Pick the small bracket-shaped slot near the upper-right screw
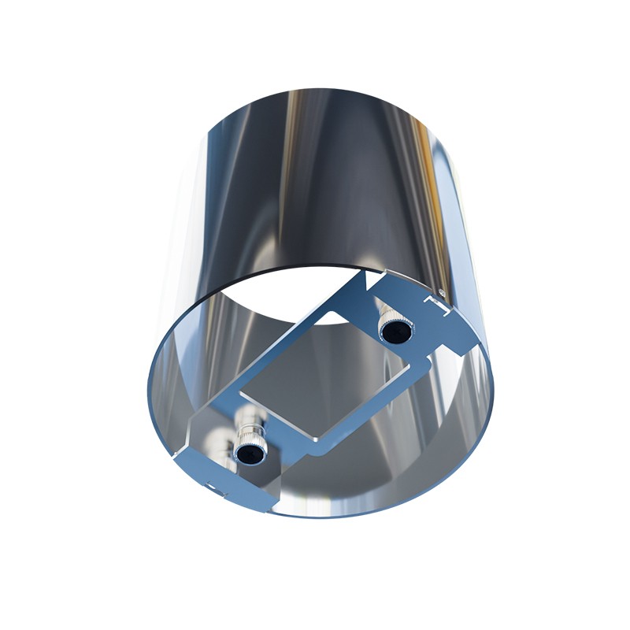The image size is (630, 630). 435,306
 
